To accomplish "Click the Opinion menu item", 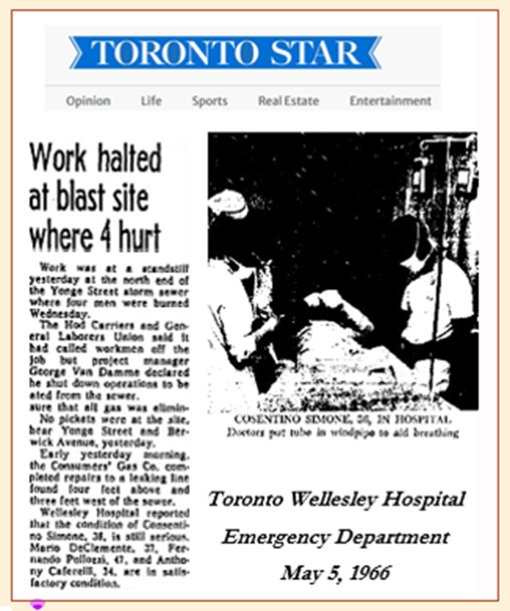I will click(88, 101).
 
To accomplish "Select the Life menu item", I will click(151, 101).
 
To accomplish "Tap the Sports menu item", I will click(209, 101).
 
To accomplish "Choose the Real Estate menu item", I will click(288, 101).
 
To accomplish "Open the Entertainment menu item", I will click(390, 101).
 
